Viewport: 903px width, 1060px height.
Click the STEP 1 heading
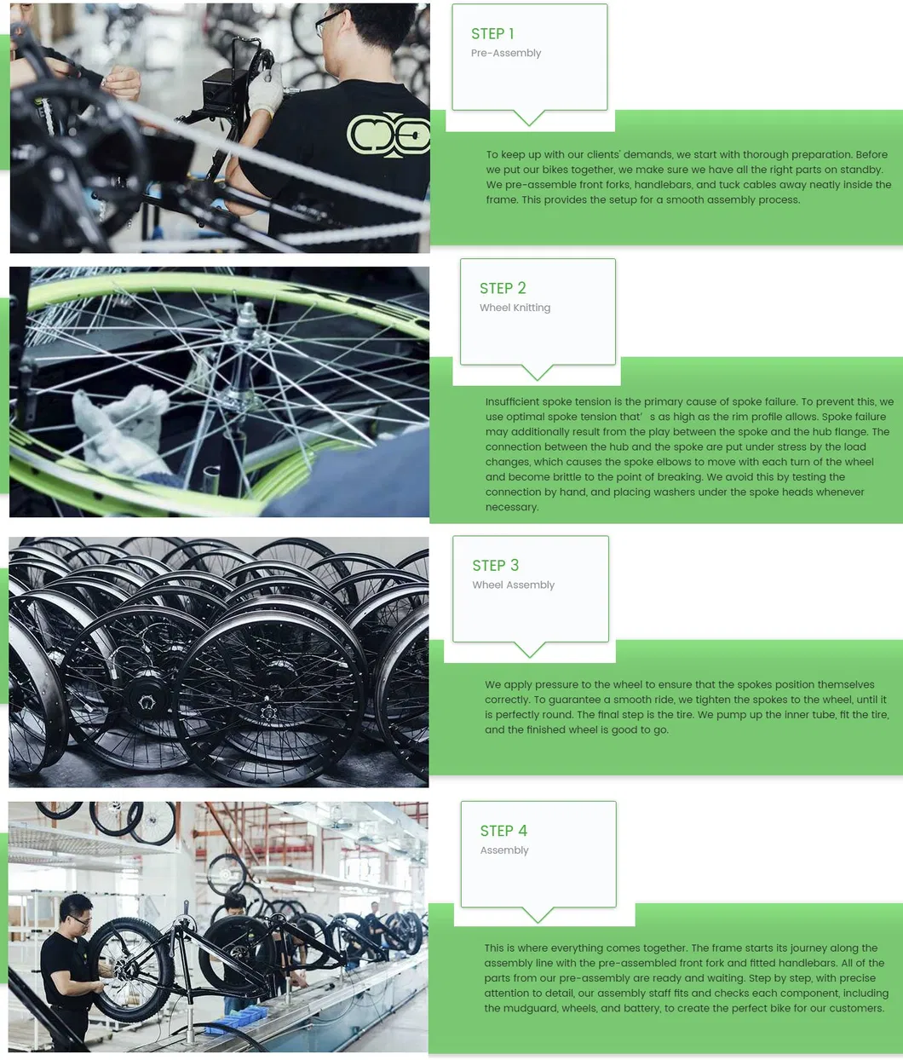pos(492,34)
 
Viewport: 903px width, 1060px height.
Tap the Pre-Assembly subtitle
pos(506,53)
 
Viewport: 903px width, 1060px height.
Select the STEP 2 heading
pos(503,289)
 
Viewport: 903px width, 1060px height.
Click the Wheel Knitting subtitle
pos(515,308)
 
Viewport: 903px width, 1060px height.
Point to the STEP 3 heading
pos(495,566)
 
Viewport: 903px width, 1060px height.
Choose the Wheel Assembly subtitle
pos(513,585)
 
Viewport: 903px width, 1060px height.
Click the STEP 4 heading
pos(503,831)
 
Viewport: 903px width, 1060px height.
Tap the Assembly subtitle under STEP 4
pos(504,850)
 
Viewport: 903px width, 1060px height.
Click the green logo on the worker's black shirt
pos(388,135)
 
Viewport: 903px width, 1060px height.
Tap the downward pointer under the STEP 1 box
pos(529,118)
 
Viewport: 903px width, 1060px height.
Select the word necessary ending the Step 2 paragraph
pos(511,507)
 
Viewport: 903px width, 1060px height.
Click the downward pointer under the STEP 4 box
pos(538,915)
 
